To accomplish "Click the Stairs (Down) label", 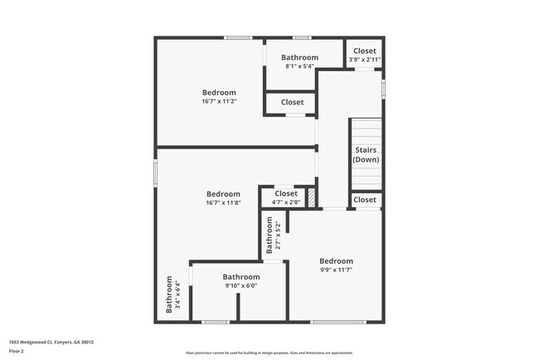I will tap(366, 154).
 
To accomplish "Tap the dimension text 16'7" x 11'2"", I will tap(219, 102).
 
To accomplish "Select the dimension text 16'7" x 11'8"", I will tap(223, 203).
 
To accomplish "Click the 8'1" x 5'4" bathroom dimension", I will tap(299, 66).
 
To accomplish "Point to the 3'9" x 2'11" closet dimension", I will tap(365, 61).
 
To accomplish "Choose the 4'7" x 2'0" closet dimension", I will tap(285, 202).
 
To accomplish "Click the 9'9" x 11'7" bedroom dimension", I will tap(336, 270).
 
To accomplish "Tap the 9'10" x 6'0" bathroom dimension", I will tap(240, 286).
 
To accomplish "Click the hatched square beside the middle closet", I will tap(312, 198).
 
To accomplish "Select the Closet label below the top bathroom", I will tap(292, 103).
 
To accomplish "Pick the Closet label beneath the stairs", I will tap(365, 200).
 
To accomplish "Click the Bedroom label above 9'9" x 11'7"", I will tap(336, 260).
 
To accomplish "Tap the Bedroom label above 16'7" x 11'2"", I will tap(219, 92).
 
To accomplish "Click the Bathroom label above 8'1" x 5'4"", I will tap(299, 57).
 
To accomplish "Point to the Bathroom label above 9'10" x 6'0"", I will tap(240, 277).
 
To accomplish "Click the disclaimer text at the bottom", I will tap(269, 353).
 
